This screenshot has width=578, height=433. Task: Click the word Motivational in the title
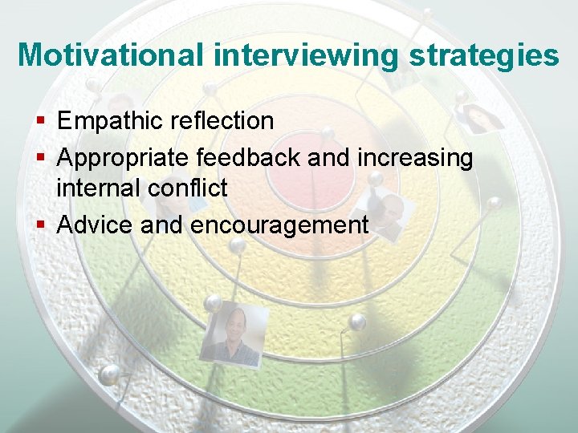[x=112, y=55]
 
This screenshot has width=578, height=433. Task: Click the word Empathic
[x=110, y=121]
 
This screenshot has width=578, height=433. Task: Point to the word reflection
[x=222, y=121]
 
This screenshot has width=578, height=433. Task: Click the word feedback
[x=249, y=159]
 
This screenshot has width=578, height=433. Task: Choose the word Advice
[x=96, y=225]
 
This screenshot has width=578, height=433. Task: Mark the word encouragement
[x=279, y=226]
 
